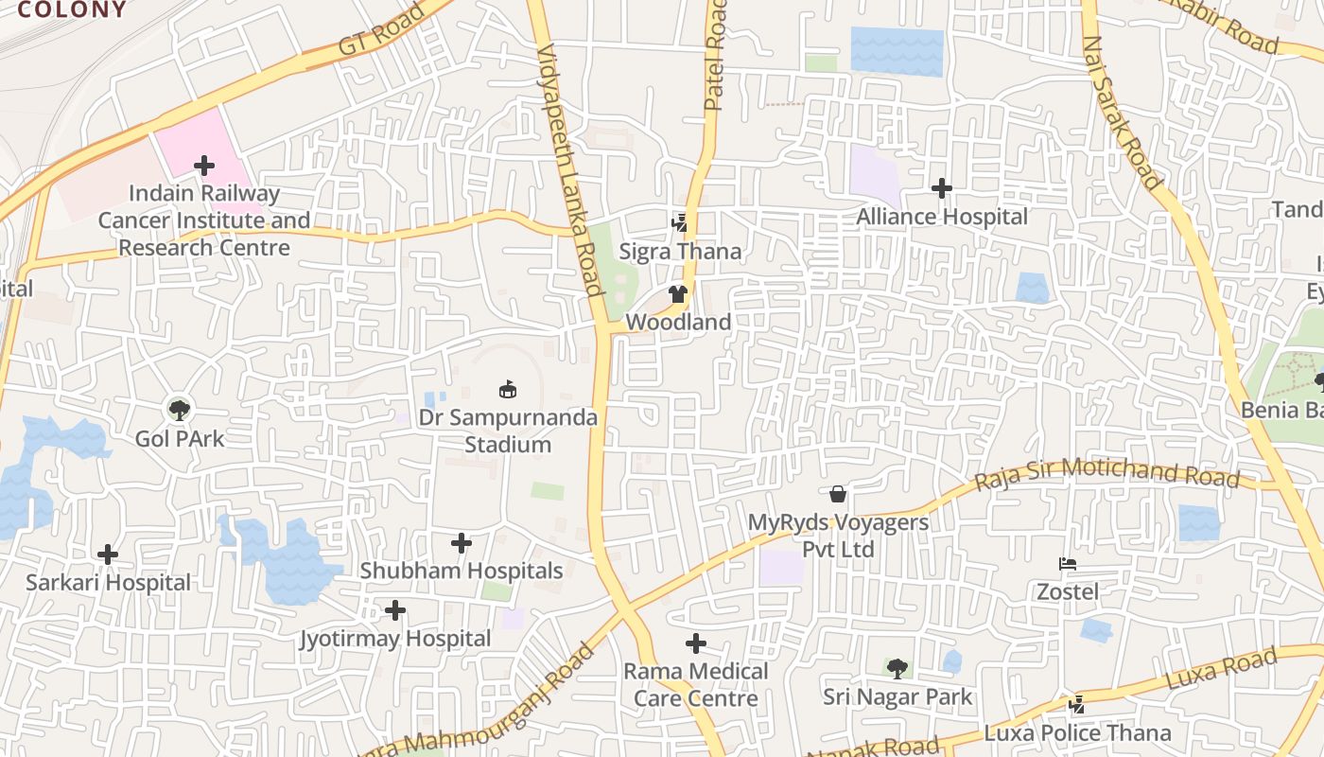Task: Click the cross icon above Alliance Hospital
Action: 941,188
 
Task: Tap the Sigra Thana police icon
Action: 679,223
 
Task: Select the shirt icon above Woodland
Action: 677,294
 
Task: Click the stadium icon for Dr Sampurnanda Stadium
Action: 508,389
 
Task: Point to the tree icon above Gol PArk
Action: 179,410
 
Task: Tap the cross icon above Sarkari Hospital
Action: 108,554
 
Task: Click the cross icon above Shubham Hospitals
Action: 461,543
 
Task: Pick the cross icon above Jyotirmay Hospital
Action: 395,610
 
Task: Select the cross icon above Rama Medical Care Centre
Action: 695,643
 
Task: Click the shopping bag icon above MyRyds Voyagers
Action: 837,494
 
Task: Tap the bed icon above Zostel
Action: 1068,565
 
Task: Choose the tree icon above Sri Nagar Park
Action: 897,669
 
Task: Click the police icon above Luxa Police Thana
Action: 1076,705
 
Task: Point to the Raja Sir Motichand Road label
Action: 1106,472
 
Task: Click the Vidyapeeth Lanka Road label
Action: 569,170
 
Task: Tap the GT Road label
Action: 382,29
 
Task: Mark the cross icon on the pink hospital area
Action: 203,166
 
